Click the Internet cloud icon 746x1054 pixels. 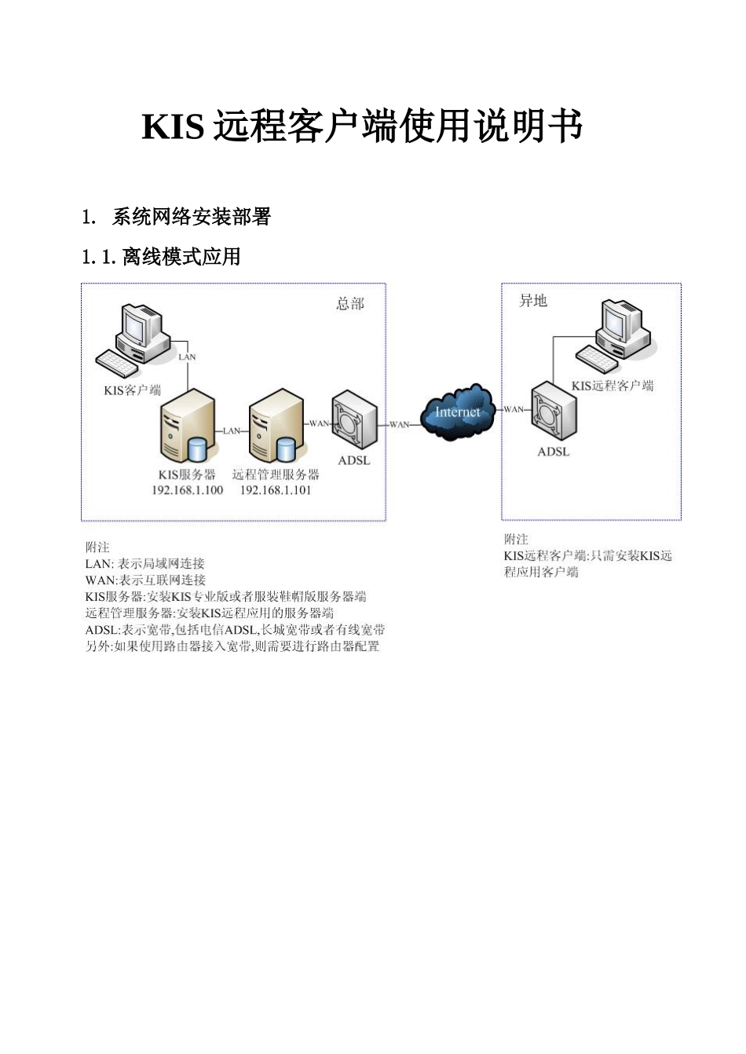pyautogui.click(x=458, y=412)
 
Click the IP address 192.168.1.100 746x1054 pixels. pyautogui.click(x=187, y=490)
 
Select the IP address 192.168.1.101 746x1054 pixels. pyautogui.click(x=275, y=490)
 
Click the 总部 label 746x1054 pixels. pyautogui.click(x=350, y=304)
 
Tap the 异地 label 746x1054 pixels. pyautogui.click(x=533, y=301)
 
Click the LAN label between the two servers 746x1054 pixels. pyautogui.click(x=232, y=430)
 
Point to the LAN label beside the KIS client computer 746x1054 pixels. pyautogui.click(x=187, y=357)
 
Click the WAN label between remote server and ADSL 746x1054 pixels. pyautogui.click(x=320, y=423)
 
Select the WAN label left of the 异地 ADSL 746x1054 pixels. pyautogui.click(x=514, y=409)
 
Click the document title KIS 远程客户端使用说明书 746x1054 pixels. pyautogui.click(x=362, y=126)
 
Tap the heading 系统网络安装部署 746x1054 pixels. pyautogui.click(x=191, y=217)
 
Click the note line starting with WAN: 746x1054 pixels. pyautogui.click(x=145, y=580)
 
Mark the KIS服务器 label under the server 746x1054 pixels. pyautogui.click(x=187, y=474)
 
